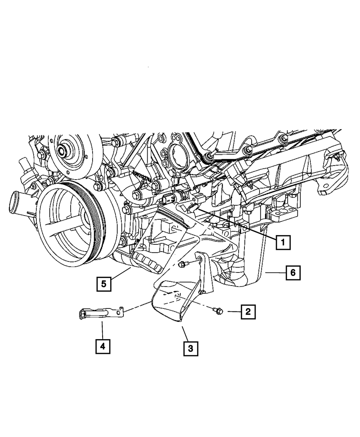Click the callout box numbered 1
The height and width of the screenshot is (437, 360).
(283, 242)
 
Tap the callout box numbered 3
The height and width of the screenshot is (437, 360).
(191, 348)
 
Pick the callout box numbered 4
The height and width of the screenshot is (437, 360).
(103, 346)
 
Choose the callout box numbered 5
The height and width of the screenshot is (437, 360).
(103, 284)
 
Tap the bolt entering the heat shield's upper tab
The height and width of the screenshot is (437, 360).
(182, 265)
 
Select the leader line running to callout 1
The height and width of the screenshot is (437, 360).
(238, 223)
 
